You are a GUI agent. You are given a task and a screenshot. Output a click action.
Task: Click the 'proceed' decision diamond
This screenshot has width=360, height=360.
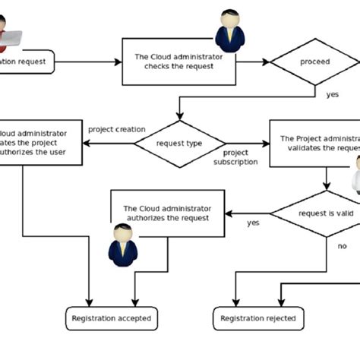click(x=314, y=62)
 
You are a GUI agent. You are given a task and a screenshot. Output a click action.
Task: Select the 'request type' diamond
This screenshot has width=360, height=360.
click(x=179, y=144)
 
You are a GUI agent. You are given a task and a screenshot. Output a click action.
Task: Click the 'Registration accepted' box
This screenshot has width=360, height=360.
click(x=111, y=318)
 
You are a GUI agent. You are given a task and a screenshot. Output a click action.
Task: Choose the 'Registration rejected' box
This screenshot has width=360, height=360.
click(x=258, y=318)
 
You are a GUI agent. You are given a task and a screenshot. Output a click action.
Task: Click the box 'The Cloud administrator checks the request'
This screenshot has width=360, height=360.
click(x=175, y=61)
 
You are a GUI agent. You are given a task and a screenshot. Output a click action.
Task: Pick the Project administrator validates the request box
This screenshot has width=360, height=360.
click(x=314, y=144)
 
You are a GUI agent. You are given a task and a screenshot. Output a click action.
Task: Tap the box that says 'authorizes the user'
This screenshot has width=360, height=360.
click(x=38, y=144)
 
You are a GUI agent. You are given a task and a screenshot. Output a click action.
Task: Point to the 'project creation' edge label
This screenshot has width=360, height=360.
click(x=117, y=129)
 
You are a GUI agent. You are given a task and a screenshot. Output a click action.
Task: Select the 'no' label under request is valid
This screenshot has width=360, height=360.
click(x=342, y=246)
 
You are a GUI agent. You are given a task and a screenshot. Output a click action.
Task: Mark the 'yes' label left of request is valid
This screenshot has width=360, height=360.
click(x=253, y=223)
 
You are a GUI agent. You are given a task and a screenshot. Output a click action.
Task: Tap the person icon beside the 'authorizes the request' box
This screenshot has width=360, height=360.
click(x=122, y=243)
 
